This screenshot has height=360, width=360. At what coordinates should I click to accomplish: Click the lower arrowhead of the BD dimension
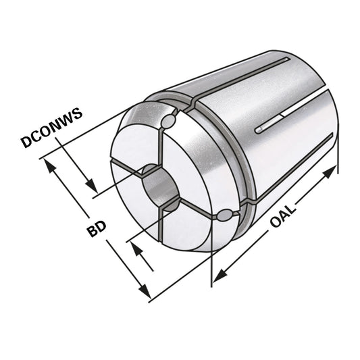pyautogui.click(x=144, y=292)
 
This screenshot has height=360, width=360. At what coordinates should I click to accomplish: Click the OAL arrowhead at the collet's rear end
pyautogui.click(x=329, y=172)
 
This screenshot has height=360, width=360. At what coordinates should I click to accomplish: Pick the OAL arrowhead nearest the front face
pyautogui.click(x=220, y=274)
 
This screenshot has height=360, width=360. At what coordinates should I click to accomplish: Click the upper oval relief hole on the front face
pyautogui.click(x=170, y=120)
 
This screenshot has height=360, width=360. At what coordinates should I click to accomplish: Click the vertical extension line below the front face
pyautogui.click(x=212, y=267)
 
